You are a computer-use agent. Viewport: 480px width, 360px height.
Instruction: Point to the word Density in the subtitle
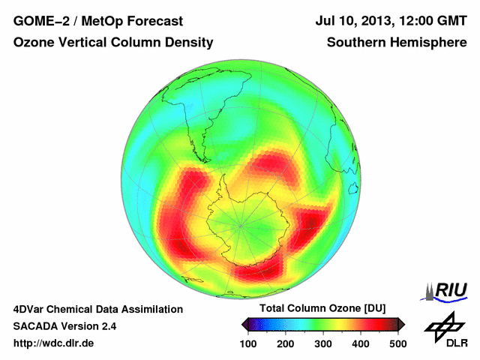(x=187, y=43)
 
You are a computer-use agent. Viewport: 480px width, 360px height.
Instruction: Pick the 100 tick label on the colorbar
(x=249, y=343)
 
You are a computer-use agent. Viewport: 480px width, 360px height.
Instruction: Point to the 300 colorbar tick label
(x=323, y=343)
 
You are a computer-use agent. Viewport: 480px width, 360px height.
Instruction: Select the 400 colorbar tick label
(x=361, y=343)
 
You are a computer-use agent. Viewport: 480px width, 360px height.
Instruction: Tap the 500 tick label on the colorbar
(x=397, y=343)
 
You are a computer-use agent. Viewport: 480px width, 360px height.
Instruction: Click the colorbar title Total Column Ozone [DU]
(x=322, y=308)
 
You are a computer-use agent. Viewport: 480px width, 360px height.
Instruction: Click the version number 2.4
(x=108, y=326)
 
